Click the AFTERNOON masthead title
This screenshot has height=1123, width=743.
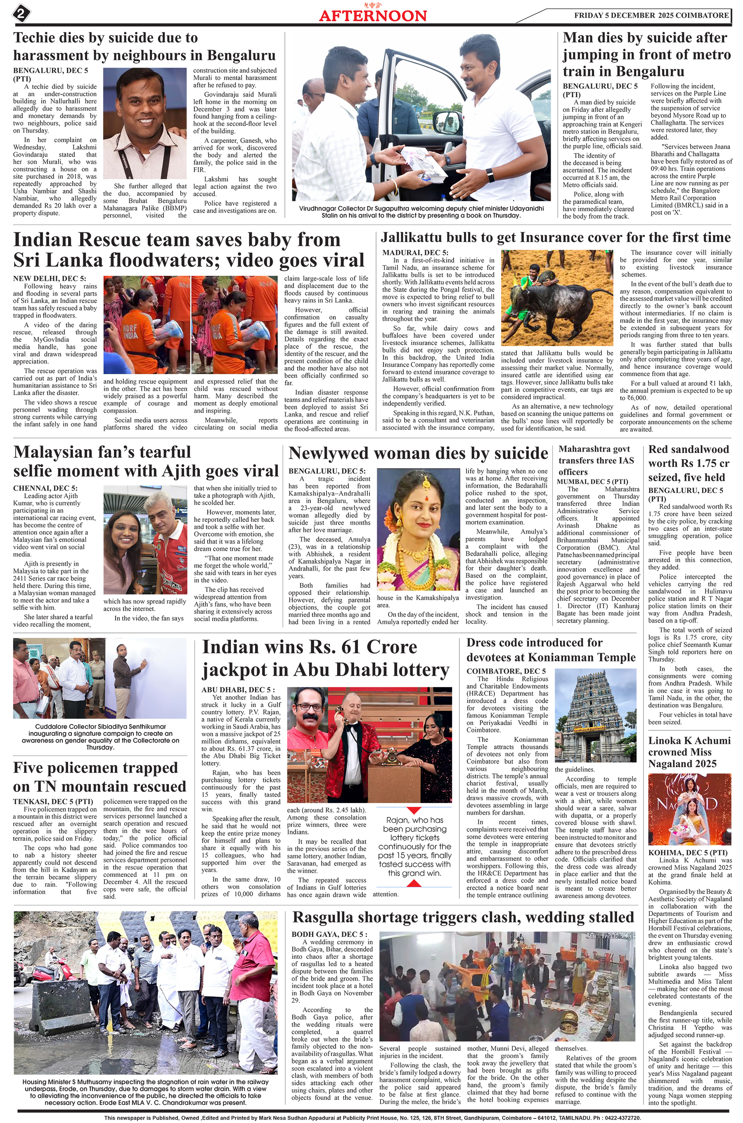(x=372, y=16)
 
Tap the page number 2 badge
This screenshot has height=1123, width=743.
(x=21, y=13)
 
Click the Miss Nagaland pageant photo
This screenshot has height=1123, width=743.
(x=689, y=809)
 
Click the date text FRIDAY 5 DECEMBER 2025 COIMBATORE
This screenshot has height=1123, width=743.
(x=651, y=15)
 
